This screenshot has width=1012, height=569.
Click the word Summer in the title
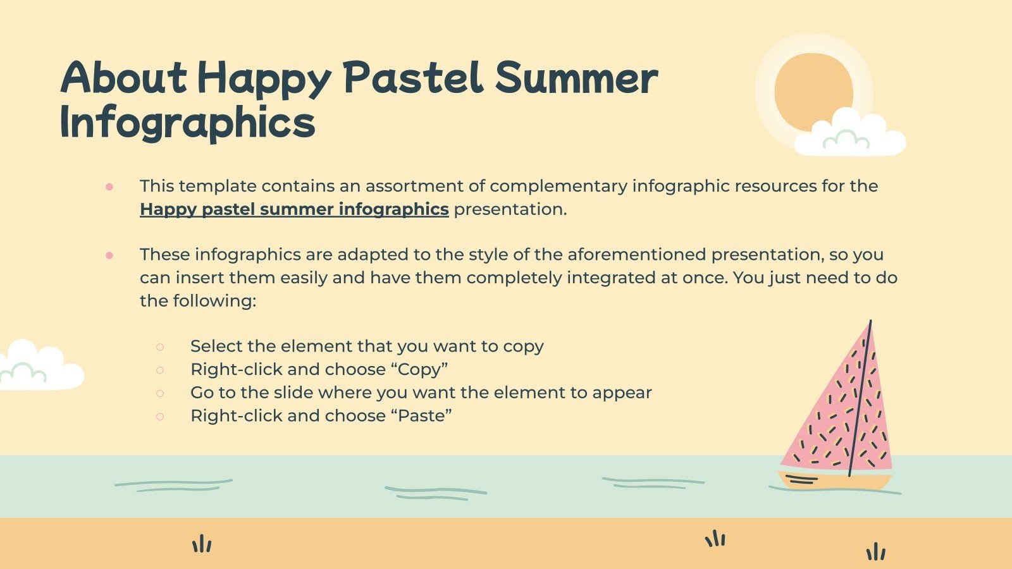[x=576, y=78]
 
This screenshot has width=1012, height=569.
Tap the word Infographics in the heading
[x=187, y=123]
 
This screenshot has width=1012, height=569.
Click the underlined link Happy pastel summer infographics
[x=294, y=209]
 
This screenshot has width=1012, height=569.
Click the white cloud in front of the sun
[x=850, y=135]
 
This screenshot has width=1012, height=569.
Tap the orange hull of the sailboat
[x=835, y=481]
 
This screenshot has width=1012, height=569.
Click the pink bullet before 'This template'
[x=109, y=187]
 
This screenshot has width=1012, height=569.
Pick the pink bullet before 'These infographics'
[x=109, y=255]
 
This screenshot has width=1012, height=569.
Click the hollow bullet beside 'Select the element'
[x=160, y=346]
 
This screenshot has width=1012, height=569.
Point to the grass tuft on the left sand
[x=202, y=544]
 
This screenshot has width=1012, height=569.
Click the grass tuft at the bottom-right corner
[x=876, y=552]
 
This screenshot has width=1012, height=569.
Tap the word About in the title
[x=124, y=78]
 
